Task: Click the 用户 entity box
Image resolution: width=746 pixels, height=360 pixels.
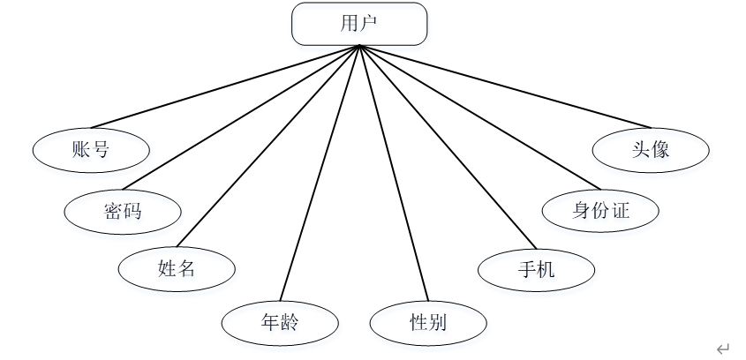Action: (x=359, y=24)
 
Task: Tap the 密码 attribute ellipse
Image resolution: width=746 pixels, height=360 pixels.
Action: (x=123, y=211)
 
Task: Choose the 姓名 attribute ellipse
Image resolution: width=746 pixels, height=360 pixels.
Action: (x=177, y=268)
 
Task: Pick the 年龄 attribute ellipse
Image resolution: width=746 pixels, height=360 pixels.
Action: (x=279, y=323)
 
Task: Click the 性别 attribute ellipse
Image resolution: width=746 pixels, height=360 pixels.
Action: (x=427, y=323)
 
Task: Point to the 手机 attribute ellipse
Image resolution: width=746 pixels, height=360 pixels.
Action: (x=536, y=269)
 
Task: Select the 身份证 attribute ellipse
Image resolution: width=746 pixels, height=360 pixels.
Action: (x=601, y=210)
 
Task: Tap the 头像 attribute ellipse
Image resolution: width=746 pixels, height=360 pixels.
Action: (x=651, y=148)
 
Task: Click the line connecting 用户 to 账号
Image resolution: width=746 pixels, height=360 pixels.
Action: (x=225, y=86)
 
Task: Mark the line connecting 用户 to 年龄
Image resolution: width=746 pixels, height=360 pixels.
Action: (x=320, y=172)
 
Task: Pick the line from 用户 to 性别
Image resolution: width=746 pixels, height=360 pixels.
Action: (x=393, y=172)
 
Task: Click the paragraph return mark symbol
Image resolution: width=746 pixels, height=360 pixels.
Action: (x=723, y=349)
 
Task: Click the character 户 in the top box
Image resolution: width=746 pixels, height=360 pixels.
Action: (x=369, y=24)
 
